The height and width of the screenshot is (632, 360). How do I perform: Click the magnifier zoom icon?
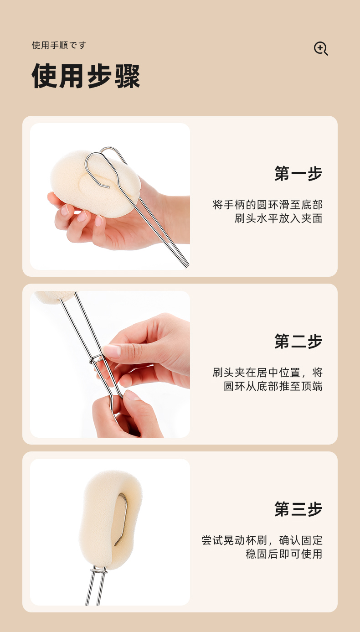point(321,48)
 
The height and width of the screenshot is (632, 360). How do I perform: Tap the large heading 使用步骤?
point(86,76)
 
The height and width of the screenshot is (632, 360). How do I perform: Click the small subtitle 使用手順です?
point(59,45)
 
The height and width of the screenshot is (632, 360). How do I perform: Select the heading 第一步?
point(298,173)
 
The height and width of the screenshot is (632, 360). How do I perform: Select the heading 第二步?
point(298,341)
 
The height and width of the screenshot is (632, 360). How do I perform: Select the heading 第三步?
point(298,509)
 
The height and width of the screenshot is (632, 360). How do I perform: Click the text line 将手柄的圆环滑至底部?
point(267,205)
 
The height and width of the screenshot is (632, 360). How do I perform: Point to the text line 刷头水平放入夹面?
point(278,218)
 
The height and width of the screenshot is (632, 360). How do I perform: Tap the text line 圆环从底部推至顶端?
point(273,386)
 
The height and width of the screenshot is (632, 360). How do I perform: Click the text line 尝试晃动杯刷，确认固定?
point(262,540)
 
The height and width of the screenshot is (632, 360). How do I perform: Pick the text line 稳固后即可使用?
point(284,554)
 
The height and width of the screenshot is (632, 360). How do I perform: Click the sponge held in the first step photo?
point(95,183)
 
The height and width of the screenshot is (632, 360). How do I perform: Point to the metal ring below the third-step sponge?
point(99,571)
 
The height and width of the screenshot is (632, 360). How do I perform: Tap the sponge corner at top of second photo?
point(54,296)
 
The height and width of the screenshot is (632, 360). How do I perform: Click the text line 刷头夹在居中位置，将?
point(267,373)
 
